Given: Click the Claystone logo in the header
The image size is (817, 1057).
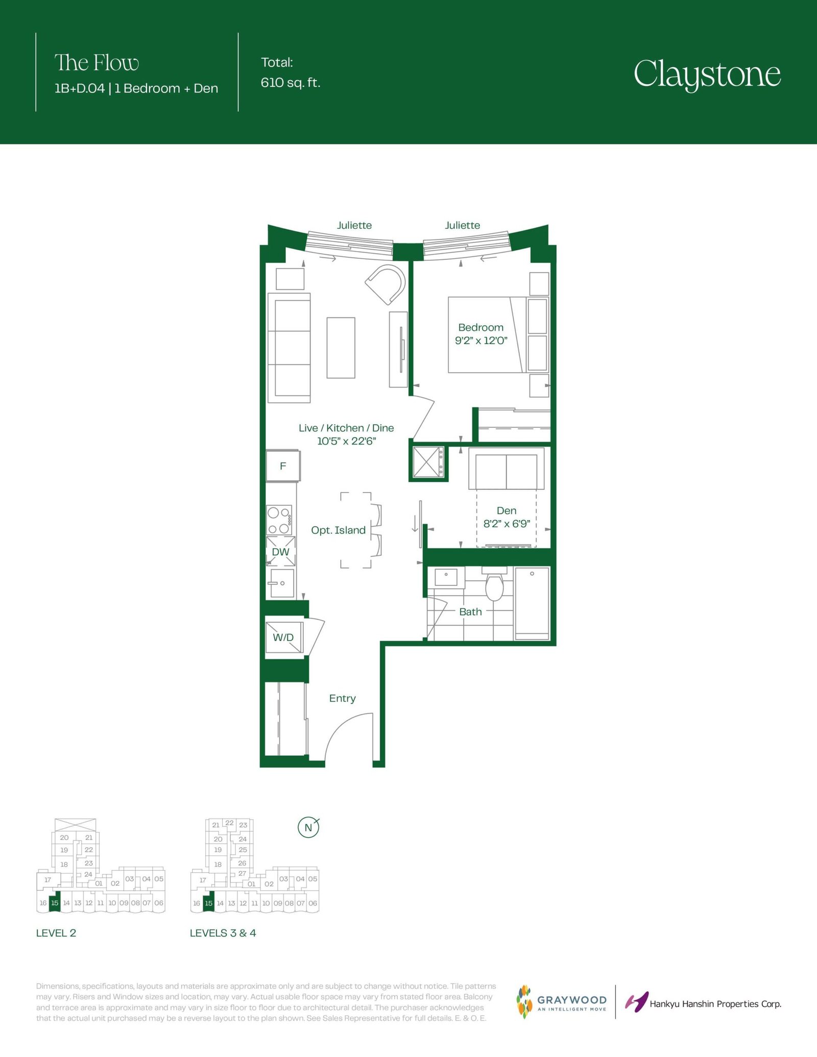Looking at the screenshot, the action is (x=707, y=75).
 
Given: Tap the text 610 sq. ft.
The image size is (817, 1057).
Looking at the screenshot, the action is (x=291, y=83).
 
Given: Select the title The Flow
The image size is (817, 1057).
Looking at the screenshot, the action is (x=97, y=63).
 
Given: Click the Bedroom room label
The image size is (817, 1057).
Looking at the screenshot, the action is (x=480, y=327).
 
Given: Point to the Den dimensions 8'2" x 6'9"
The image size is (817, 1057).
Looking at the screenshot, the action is (x=507, y=524).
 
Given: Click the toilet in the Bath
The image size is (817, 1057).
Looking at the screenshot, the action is (x=494, y=585).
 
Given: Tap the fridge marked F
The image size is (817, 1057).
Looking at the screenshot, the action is (x=283, y=465).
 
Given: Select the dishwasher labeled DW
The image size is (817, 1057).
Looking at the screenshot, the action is (x=281, y=551).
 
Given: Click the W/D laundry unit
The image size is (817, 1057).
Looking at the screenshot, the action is (x=284, y=636).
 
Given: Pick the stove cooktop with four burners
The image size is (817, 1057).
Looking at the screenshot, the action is (x=279, y=520).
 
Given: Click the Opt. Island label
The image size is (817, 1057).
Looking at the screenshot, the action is (x=338, y=530).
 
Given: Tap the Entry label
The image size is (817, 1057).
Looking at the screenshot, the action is (x=342, y=698).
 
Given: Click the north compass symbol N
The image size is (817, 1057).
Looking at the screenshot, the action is (x=308, y=827).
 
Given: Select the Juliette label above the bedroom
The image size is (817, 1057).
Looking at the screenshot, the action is (x=462, y=225).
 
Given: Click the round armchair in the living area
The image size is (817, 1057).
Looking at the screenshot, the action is (x=387, y=284).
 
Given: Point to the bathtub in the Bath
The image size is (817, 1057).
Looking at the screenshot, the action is (x=532, y=603).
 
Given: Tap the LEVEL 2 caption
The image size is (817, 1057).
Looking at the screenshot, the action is (x=56, y=933).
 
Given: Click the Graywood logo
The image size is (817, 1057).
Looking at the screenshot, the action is (x=562, y=1002).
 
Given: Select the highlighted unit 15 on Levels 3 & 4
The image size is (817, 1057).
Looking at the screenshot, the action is (x=208, y=902).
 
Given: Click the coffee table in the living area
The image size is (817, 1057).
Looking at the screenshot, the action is (x=341, y=348).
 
